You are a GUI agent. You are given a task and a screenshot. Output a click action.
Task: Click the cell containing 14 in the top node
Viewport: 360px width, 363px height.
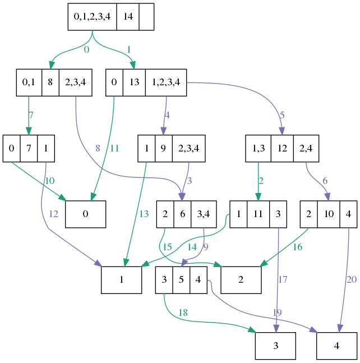coord(128,17)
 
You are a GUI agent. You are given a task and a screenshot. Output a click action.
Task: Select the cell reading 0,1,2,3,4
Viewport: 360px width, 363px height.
coord(93,17)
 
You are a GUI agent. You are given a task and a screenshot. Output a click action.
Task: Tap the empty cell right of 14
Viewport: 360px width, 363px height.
coord(146,17)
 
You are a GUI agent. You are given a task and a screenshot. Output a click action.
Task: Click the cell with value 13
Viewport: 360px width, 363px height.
coord(134,82)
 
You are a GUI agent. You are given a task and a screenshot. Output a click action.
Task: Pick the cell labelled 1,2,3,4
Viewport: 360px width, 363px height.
coord(166,82)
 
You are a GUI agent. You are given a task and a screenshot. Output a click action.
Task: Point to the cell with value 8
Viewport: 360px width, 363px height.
coord(50,82)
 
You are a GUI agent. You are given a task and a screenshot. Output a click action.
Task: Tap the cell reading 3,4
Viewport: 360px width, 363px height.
coord(204,214)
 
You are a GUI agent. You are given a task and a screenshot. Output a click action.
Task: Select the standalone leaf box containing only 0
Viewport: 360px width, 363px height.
coord(85,214)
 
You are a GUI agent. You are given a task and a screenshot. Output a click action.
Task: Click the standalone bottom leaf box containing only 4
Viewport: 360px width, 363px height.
coord(336,346)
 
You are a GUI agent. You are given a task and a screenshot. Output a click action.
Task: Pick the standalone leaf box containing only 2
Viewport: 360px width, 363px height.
coord(241,279)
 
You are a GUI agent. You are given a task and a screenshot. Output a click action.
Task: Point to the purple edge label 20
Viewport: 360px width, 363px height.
coord(351,279)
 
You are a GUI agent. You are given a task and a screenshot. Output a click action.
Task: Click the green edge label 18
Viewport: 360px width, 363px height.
coord(183,313)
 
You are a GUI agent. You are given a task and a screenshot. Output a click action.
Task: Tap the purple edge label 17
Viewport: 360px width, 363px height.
coord(282,279)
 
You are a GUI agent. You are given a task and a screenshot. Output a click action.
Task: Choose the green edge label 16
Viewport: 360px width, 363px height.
coord(297,246)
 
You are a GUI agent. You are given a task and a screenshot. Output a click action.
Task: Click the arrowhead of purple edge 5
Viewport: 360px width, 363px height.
coord(282,131)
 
